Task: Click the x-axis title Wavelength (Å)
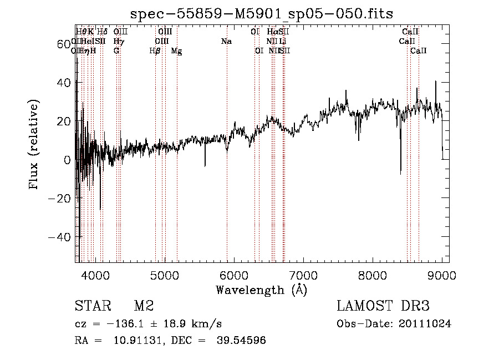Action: coord(261,290)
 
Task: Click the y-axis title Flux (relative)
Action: coord(34,144)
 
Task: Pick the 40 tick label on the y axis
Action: coord(63,83)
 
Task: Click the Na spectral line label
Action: coord(226,41)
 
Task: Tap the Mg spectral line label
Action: coord(176,51)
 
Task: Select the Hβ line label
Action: coord(155,51)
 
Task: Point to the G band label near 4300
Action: coord(116,51)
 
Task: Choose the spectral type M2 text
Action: coord(144,306)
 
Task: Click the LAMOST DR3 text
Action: coord(383,306)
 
